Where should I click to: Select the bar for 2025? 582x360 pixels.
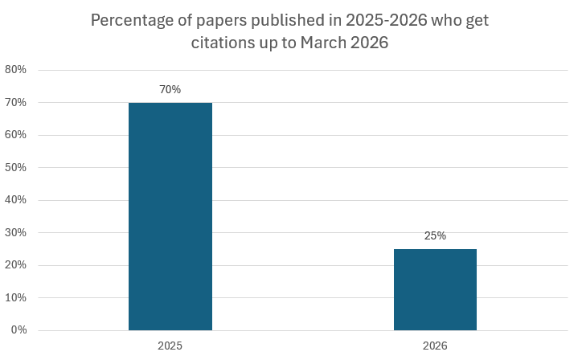(x=170, y=216)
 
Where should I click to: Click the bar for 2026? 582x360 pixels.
(x=435, y=289)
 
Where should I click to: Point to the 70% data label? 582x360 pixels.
(x=170, y=90)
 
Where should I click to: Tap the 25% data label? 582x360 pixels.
(x=435, y=236)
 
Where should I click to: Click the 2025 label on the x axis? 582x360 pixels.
(x=170, y=346)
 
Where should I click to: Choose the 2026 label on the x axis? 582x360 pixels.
(x=435, y=346)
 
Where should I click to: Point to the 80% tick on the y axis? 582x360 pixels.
(x=15, y=70)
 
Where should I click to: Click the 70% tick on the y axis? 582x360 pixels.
(x=15, y=103)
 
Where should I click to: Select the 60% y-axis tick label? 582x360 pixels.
(x=15, y=135)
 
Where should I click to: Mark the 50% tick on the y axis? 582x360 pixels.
(x=15, y=168)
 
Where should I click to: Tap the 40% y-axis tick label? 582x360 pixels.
(x=15, y=200)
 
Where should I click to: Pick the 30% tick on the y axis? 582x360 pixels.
(x=15, y=233)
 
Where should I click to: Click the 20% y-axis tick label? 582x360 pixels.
(x=15, y=265)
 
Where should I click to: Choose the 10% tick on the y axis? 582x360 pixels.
(x=15, y=298)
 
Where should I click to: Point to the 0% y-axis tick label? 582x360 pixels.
(x=18, y=330)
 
